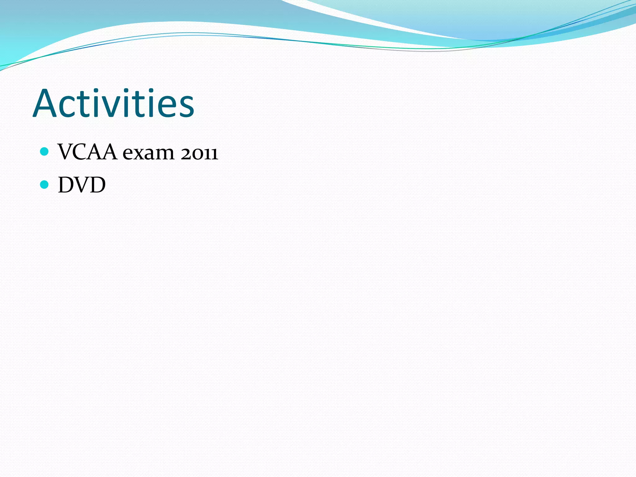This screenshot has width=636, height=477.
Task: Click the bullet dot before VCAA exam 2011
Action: (45, 152)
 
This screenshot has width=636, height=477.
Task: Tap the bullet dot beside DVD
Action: (45, 185)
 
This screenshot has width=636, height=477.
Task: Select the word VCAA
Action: (87, 152)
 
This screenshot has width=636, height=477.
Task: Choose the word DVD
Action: (82, 185)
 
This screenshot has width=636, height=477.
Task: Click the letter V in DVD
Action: (82, 185)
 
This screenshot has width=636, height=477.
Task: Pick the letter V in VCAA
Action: (66, 152)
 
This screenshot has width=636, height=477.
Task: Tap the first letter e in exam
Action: (128, 154)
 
